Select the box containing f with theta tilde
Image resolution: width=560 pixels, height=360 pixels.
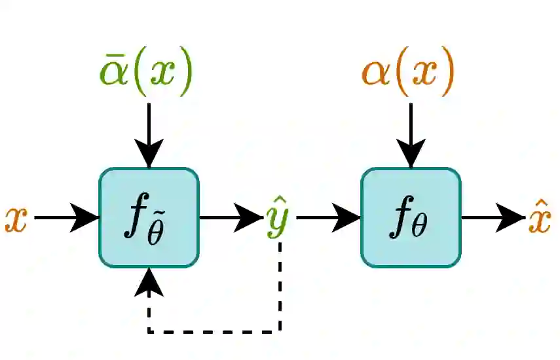point(149,217)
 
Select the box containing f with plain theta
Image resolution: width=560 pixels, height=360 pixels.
point(411,217)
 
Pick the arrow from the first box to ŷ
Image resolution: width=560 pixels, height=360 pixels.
point(229,217)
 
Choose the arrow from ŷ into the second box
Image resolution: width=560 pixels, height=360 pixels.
point(327,217)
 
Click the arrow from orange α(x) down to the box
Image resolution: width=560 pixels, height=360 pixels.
point(411,134)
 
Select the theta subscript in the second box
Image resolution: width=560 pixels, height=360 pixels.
point(419,229)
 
